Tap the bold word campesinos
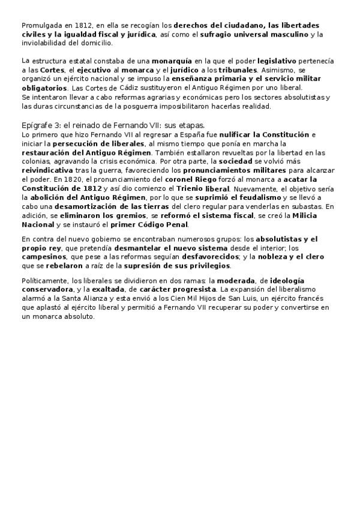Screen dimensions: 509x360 (x=45, y=257)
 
